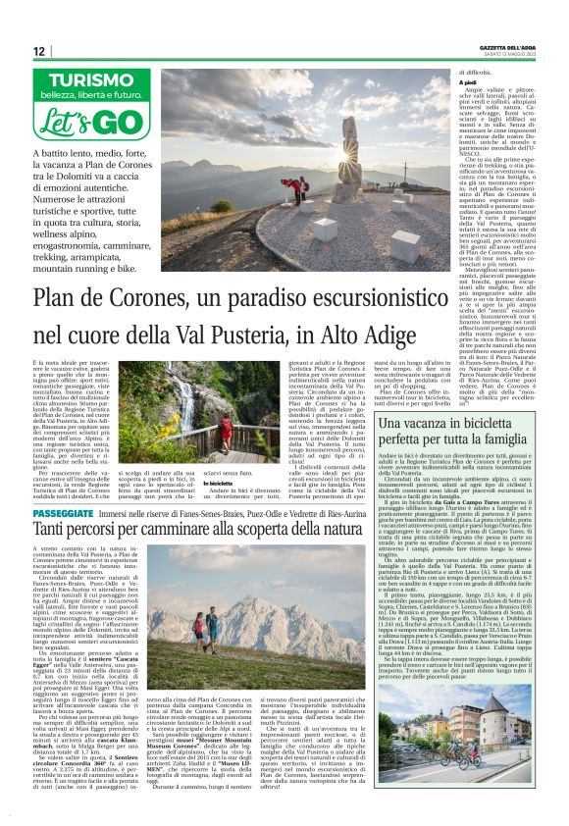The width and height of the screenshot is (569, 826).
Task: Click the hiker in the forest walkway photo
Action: click(x=225, y=417)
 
